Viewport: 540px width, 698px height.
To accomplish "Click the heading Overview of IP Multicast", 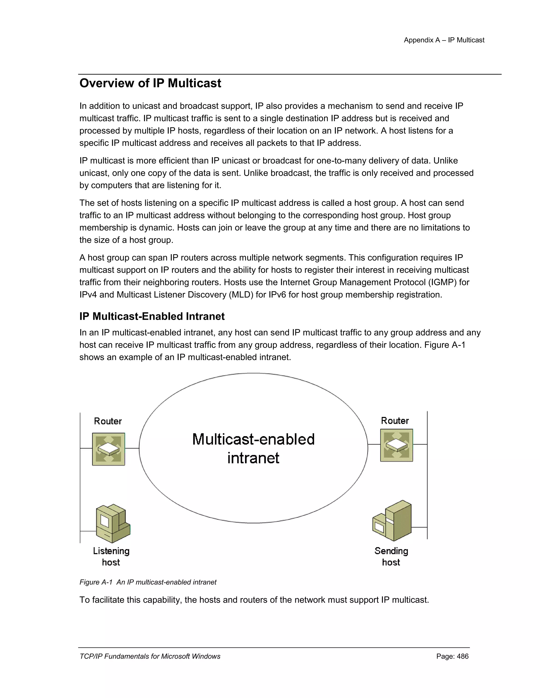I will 150,83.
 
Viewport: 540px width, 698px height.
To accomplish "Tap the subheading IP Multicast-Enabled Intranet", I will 152,316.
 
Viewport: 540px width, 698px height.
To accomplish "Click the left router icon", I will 108,449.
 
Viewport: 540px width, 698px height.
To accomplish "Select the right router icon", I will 396,445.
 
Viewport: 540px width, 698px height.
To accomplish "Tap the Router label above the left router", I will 108,421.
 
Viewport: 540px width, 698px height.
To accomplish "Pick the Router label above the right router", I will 395,421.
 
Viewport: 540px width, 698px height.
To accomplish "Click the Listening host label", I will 111,556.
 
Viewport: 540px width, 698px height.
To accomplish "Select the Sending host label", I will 391,556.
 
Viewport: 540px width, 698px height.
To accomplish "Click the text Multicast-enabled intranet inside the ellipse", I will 253,448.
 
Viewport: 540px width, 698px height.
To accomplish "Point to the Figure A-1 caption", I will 148,582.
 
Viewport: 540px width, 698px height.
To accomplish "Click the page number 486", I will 462,656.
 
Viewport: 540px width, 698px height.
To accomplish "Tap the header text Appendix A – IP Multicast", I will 444,40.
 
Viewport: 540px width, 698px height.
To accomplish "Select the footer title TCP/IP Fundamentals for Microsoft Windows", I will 150,656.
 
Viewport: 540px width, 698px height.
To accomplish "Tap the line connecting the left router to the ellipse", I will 132,448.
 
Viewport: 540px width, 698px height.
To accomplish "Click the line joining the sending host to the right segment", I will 419,527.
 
